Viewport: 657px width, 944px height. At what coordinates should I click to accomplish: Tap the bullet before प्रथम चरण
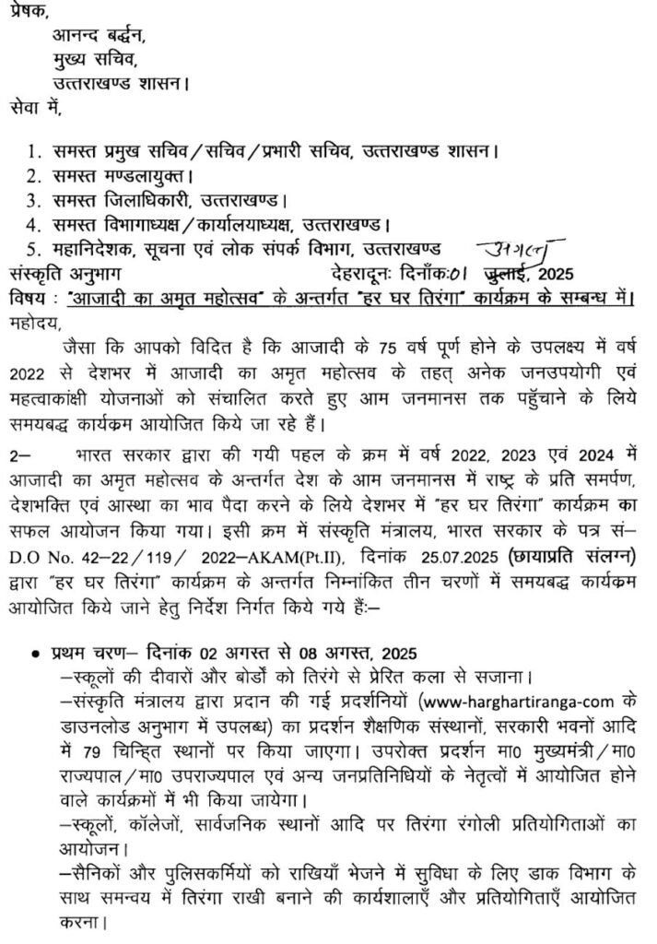(x=34, y=653)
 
